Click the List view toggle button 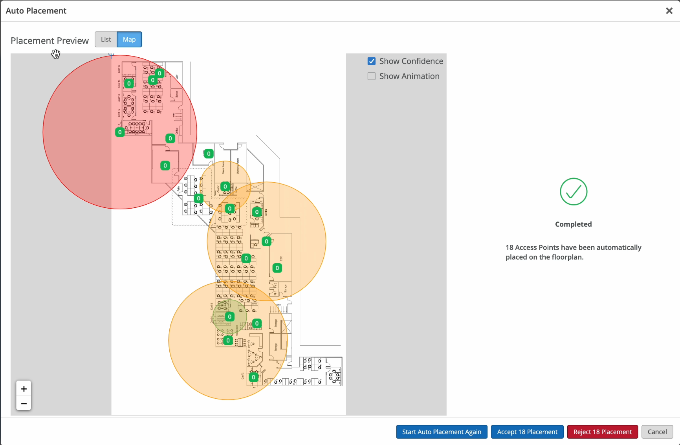click(x=106, y=39)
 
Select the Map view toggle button click(x=129, y=39)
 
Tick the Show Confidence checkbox click(x=372, y=61)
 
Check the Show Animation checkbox click(x=372, y=76)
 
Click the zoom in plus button click(x=24, y=389)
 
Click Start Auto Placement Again click(x=442, y=432)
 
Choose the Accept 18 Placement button click(x=527, y=432)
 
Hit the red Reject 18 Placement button click(x=603, y=432)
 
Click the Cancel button click(x=657, y=432)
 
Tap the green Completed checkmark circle click(x=574, y=192)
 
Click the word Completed click(x=574, y=224)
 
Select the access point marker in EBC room click(x=277, y=268)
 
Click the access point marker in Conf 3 click(x=253, y=377)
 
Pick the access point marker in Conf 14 click(x=129, y=83)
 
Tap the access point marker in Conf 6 click(x=257, y=212)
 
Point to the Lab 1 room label click(x=177, y=76)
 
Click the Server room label click(x=177, y=94)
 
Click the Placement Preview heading click(x=50, y=41)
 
